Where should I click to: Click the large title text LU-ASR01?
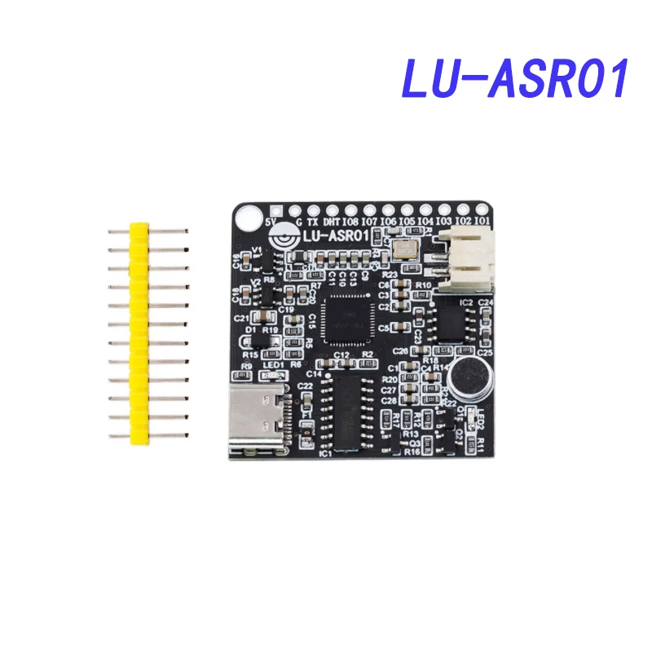516,79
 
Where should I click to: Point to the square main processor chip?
348,318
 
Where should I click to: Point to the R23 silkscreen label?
389,275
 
